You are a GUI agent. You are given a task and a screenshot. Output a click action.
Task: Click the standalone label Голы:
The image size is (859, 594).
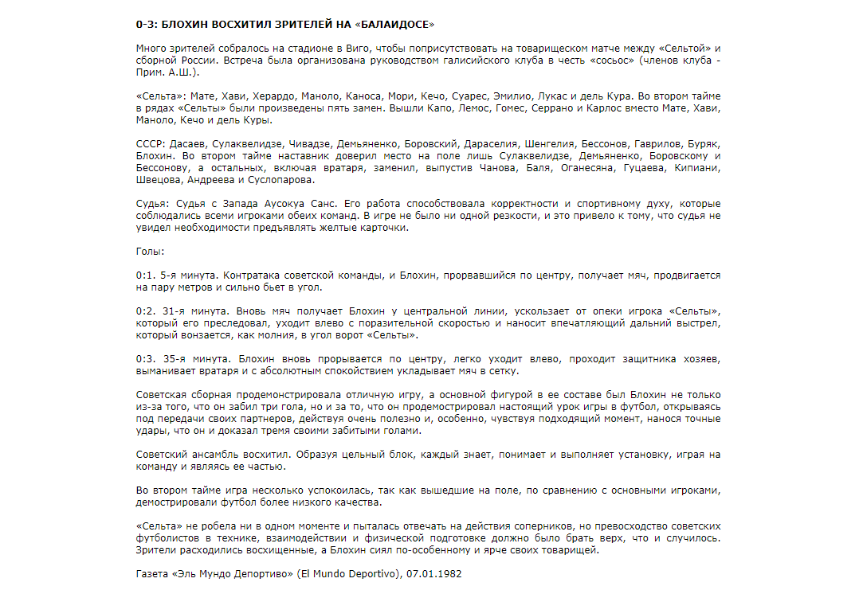(x=151, y=252)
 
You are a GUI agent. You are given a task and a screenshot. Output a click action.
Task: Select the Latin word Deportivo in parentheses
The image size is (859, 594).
(x=367, y=573)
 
